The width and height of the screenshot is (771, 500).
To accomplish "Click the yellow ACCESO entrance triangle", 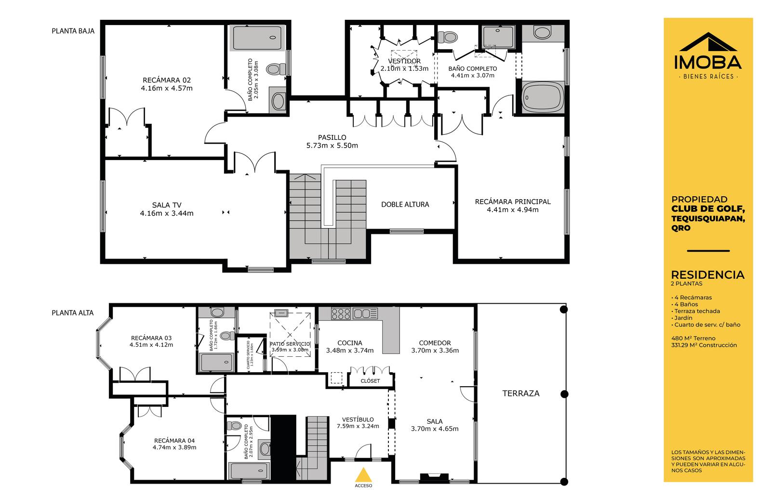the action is pyautogui.click(x=363, y=475).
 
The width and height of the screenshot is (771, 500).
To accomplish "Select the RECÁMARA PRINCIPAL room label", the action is pyautogui.click(x=513, y=202).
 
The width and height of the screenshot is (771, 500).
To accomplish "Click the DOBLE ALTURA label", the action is pyautogui.click(x=405, y=204).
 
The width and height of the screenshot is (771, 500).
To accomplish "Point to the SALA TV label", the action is pyautogui.click(x=167, y=205).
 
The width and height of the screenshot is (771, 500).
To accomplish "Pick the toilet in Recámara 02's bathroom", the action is pyautogui.click(x=277, y=69).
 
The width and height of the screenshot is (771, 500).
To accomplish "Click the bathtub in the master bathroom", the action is pyautogui.click(x=543, y=97).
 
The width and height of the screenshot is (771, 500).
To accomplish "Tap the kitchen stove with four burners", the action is pyautogui.click(x=340, y=314).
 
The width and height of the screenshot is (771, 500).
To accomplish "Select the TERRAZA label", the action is pyautogui.click(x=521, y=393).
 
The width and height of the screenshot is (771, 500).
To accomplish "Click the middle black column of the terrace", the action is pyautogui.click(x=564, y=394).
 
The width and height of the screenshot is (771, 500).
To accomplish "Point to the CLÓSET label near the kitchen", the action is pyautogui.click(x=371, y=381).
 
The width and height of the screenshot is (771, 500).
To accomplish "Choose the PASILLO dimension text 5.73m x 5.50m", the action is pyautogui.click(x=332, y=146).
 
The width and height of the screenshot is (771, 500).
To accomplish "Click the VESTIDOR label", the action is pyautogui.click(x=404, y=61).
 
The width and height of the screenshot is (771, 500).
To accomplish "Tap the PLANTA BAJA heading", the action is pyautogui.click(x=73, y=31).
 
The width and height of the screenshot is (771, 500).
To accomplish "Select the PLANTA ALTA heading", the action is pyautogui.click(x=73, y=313).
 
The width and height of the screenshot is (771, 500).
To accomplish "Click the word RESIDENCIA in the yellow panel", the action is pyautogui.click(x=708, y=275).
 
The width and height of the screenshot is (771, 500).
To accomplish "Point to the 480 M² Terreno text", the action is pyautogui.click(x=693, y=338).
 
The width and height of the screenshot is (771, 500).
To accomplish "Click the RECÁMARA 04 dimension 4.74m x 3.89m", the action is pyautogui.click(x=174, y=447).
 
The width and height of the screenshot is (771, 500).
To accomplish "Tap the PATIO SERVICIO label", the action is pyautogui.click(x=290, y=344).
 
